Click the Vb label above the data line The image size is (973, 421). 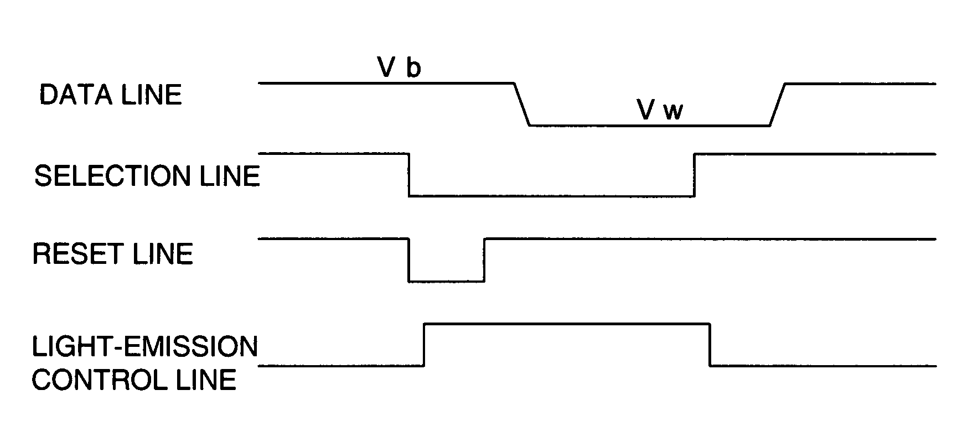point(399,68)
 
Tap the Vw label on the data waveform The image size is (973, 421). point(660,111)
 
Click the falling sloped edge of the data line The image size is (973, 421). point(522,105)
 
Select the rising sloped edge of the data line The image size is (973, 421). point(778,105)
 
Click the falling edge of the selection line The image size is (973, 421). point(409,174)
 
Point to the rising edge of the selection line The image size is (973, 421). point(695,174)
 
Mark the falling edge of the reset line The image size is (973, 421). point(409,260)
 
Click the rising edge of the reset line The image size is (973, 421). point(484,260)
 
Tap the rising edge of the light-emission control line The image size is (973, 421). point(424,344)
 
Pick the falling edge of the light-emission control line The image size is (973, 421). point(710,344)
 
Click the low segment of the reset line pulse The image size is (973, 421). point(447,282)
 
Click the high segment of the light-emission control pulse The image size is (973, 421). point(567,323)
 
